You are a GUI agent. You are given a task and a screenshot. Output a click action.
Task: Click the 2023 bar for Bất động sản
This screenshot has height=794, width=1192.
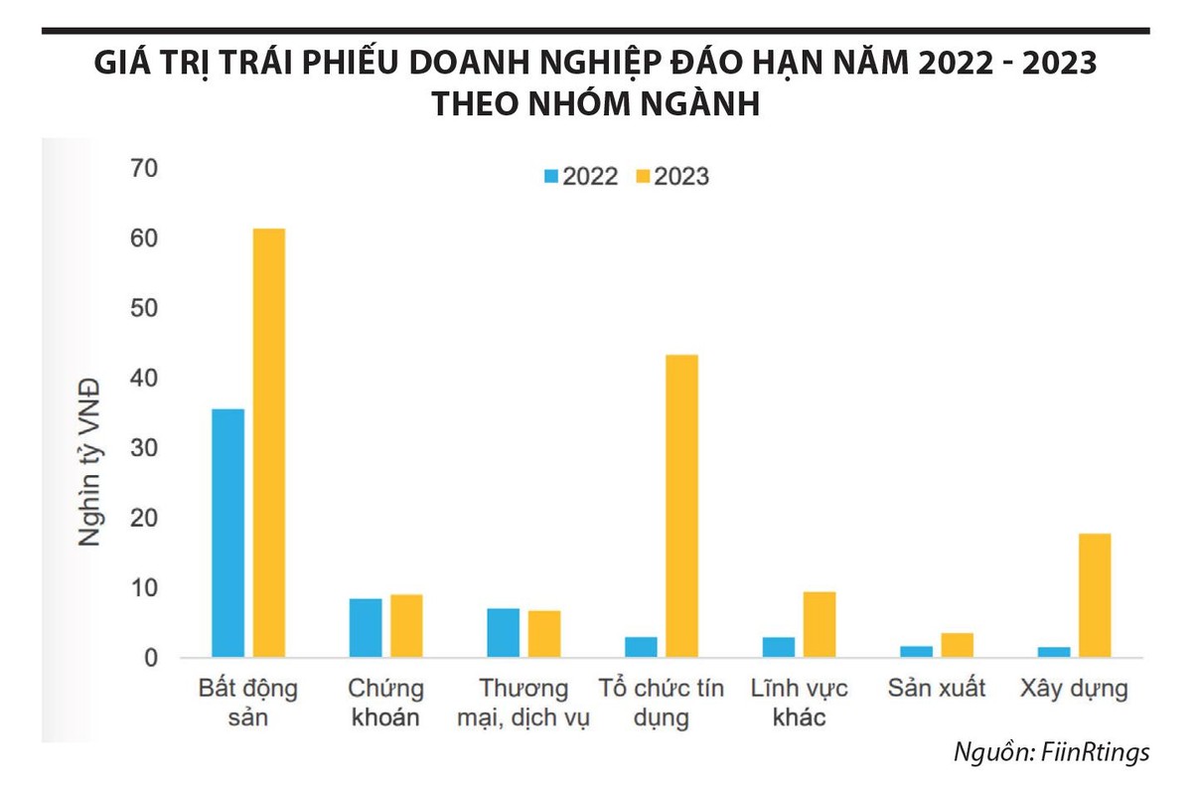click(268, 443)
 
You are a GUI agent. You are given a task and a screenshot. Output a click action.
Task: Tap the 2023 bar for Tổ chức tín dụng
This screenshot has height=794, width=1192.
click(681, 506)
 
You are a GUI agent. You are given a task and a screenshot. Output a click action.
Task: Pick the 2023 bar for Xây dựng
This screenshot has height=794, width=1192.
click(1095, 595)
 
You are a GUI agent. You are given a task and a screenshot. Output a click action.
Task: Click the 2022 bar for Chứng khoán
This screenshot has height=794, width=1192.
click(366, 628)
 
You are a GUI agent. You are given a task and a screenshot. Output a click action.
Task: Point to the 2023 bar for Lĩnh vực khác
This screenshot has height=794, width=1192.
click(819, 624)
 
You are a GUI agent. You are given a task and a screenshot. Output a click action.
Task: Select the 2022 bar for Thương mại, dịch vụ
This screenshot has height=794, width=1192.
click(504, 633)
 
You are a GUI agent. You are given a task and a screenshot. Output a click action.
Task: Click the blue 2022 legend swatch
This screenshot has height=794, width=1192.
click(551, 177)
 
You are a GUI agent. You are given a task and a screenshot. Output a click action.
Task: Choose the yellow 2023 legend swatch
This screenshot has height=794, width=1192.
click(643, 177)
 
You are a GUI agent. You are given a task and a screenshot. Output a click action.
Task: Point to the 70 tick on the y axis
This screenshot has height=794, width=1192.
click(144, 169)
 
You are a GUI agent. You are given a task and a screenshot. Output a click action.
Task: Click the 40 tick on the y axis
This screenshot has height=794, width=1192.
click(144, 379)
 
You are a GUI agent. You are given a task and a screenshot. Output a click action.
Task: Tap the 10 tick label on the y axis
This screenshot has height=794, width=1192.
click(144, 588)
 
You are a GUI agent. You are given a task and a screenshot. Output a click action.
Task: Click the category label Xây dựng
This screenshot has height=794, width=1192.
click(1074, 689)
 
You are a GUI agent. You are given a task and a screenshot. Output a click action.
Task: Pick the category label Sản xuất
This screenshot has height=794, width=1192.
click(937, 689)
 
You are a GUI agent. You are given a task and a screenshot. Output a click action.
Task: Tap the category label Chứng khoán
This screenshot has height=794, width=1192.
click(385, 703)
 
